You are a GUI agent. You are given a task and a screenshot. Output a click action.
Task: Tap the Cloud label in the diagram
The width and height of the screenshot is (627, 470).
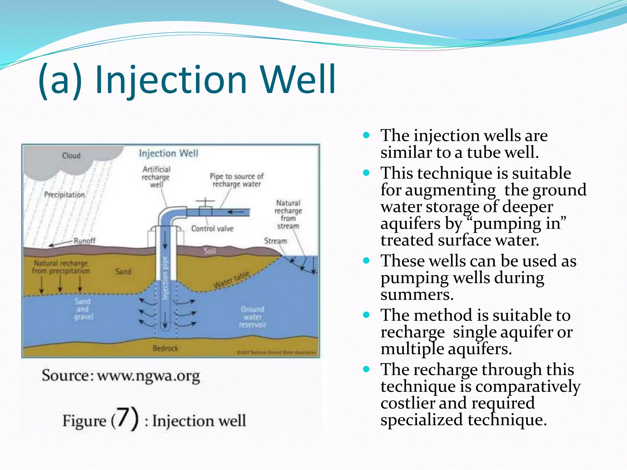(71, 156)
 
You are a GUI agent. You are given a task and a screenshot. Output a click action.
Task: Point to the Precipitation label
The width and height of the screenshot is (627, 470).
(64, 195)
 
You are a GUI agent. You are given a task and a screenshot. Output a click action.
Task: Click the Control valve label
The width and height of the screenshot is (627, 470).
(212, 229)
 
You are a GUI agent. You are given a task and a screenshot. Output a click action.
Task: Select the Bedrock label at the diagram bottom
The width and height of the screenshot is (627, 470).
(165, 348)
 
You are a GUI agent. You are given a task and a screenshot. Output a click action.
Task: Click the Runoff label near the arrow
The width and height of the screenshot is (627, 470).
(84, 241)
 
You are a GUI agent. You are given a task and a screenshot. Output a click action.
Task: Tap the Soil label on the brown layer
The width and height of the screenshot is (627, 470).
(210, 251)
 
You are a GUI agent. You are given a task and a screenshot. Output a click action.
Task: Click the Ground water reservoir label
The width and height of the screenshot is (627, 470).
(253, 317)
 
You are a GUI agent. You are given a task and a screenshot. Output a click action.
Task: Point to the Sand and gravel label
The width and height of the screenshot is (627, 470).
(83, 309)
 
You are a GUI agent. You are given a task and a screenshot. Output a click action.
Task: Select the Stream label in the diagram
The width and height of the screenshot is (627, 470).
(276, 241)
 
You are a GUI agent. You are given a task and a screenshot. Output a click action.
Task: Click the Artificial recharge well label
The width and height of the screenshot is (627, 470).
(156, 177)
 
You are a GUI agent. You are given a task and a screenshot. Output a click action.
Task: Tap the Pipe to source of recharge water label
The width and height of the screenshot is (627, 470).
(237, 180)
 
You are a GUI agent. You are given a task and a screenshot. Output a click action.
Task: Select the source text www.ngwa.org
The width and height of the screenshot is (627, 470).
(148, 376)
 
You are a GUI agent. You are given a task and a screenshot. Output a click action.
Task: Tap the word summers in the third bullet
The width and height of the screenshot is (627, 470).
(417, 295)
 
